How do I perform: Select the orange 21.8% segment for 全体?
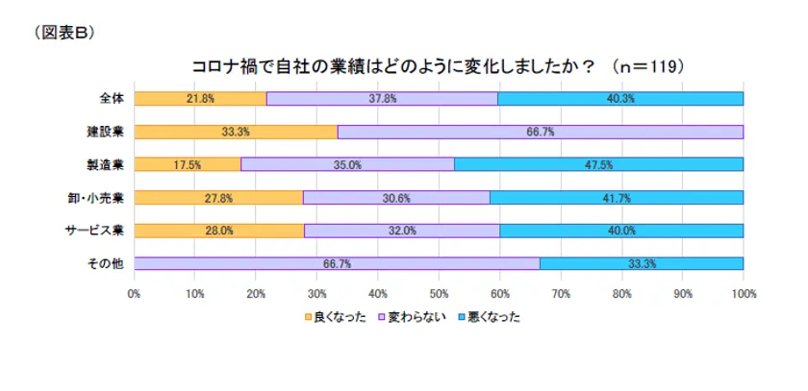click(200, 98)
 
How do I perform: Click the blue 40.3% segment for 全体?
click(620, 98)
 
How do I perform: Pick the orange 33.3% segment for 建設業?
click(236, 132)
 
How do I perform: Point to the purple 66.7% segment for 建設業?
click(541, 132)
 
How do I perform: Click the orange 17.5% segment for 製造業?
click(188, 164)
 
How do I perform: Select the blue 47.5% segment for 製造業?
click(598, 164)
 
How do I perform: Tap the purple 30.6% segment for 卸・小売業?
click(396, 198)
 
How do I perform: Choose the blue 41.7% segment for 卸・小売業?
click(617, 198)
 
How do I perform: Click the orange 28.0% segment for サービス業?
click(219, 231)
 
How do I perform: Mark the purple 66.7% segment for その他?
click(337, 263)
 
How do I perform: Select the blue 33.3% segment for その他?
click(642, 263)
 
